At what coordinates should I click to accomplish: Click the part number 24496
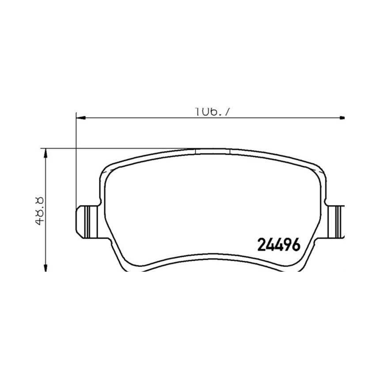click(x=278, y=244)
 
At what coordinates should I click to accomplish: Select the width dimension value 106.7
click(x=213, y=112)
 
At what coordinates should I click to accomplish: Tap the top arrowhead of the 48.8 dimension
click(x=46, y=152)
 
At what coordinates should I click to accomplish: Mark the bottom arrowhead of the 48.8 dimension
click(x=46, y=267)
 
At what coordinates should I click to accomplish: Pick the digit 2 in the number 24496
click(x=261, y=244)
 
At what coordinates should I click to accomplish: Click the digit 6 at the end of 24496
click(x=296, y=244)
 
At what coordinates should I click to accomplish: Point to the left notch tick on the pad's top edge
click(x=195, y=151)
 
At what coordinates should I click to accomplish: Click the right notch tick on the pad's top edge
click(x=230, y=151)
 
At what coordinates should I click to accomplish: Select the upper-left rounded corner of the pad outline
click(x=108, y=170)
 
